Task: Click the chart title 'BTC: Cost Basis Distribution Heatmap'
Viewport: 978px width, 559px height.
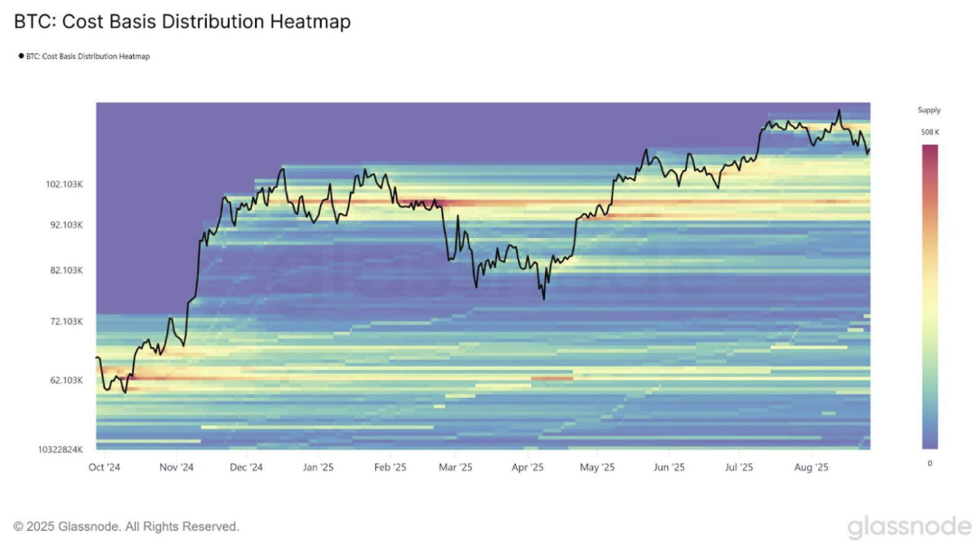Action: click(x=182, y=22)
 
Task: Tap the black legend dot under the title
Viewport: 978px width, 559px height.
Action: click(x=21, y=56)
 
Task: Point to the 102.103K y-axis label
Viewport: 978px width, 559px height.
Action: click(x=64, y=185)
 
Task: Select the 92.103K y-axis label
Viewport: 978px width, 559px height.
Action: click(x=67, y=224)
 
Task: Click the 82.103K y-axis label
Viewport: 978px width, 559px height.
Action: click(x=67, y=270)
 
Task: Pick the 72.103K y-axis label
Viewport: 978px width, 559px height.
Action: click(x=67, y=322)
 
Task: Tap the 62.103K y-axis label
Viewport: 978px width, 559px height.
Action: click(x=67, y=381)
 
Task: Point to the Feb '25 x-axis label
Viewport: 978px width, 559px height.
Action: click(x=389, y=468)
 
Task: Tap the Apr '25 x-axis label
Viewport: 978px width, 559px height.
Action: click(x=527, y=468)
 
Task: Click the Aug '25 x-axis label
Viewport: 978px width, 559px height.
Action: click(x=811, y=468)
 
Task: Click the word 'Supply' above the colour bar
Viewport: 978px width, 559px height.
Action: click(x=929, y=110)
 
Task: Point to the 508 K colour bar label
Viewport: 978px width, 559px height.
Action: click(x=929, y=132)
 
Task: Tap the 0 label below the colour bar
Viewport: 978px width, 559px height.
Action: click(x=929, y=463)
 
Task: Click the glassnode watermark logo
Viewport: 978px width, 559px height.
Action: click(x=908, y=526)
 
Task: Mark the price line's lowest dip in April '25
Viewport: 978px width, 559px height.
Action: click(x=544, y=298)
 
